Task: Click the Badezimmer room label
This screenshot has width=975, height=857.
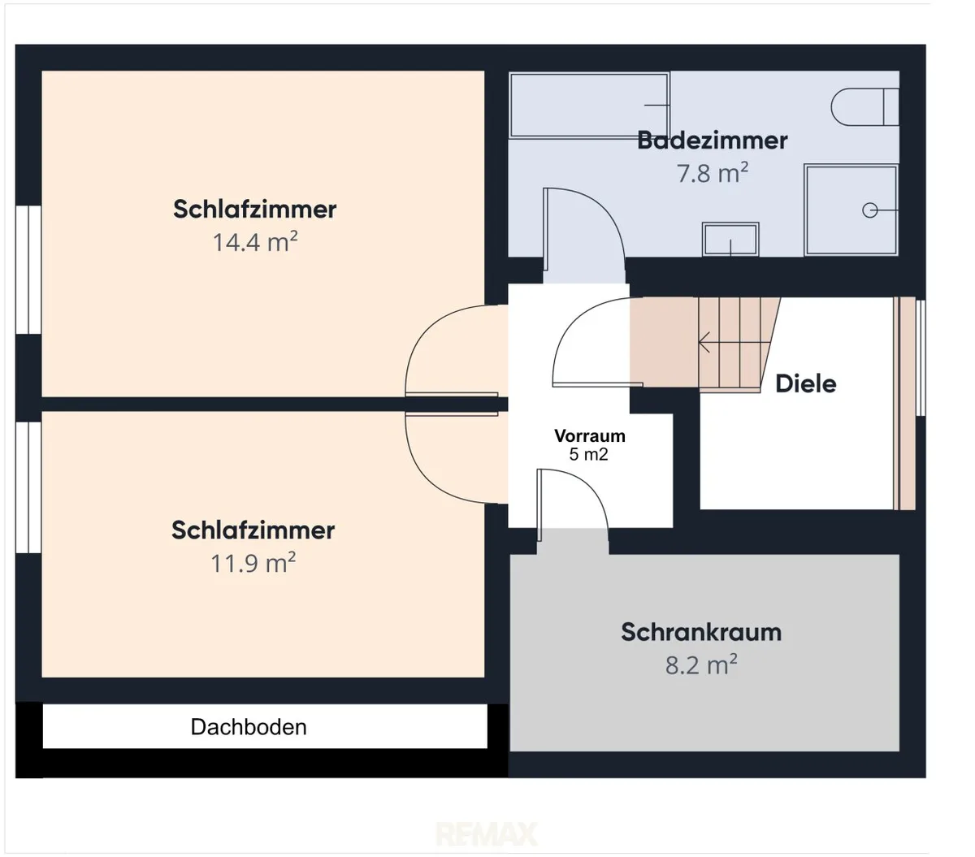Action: coord(712,141)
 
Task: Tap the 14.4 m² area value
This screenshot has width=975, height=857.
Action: coord(254,241)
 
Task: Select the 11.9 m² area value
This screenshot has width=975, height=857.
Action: coord(253,562)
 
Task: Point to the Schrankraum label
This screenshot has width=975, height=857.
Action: coord(700,632)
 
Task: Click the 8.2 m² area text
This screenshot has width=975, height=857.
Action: coord(700,665)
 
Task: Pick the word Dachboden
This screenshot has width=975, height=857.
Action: coord(249,726)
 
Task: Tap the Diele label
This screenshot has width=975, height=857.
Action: coord(806,383)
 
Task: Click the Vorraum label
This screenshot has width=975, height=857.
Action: coord(590,435)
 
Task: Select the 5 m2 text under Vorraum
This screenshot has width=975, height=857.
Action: coord(588,454)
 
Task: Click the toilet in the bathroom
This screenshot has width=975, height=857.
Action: coord(864,107)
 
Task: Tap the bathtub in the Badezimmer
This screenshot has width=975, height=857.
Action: coord(590,106)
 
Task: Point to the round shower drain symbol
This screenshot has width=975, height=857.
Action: coord(869,210)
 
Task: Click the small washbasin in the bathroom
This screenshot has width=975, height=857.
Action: coord(730,239)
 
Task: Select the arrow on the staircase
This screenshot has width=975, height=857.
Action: coord(734,342)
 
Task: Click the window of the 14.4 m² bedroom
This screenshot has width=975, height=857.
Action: coord(28,270)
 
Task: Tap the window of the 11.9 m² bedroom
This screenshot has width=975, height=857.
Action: coord(28,487)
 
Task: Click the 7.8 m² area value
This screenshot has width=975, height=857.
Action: coord(713,173)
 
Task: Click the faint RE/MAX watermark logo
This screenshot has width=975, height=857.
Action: coord(486,834)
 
